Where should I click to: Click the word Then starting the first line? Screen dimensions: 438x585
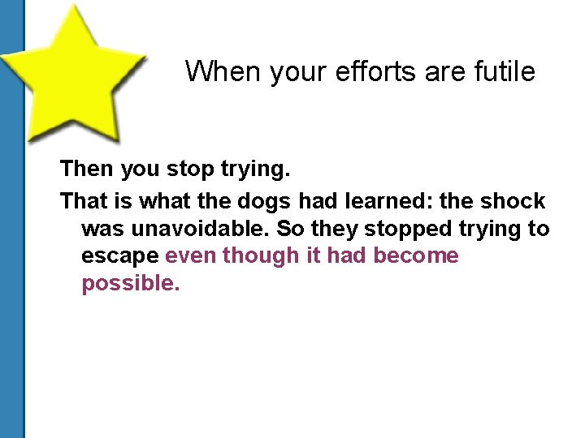87,170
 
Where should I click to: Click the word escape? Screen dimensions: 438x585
120,257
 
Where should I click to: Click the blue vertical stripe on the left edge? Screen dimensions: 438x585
12,243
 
